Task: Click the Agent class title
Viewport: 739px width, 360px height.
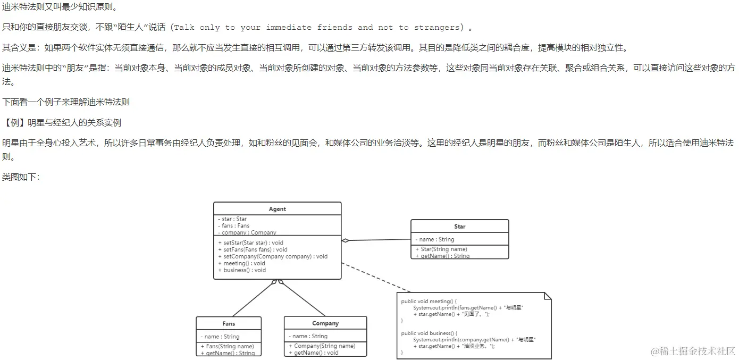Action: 277,209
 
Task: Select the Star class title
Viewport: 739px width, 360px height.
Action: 459,227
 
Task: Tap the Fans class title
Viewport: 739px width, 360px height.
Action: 229,323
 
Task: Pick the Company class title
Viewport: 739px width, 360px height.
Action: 325,323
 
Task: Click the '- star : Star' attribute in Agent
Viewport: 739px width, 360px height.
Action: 234,219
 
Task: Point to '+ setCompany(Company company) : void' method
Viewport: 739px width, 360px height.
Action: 273,256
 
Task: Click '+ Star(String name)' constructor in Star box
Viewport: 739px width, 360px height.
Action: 441,249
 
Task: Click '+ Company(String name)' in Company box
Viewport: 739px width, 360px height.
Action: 322,346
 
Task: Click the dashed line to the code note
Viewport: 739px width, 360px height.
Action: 375,277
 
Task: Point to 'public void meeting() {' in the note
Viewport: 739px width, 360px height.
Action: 429,302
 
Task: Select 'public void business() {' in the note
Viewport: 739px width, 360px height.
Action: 429,333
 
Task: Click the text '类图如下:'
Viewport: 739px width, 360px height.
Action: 21,177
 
